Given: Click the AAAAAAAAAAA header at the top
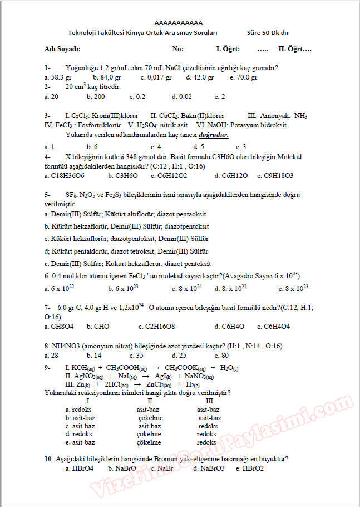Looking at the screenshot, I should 179,23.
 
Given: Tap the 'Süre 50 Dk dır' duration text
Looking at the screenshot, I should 271,33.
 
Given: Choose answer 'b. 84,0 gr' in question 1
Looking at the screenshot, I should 107,77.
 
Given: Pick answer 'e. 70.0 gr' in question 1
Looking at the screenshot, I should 243,77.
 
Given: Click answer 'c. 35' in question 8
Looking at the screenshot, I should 136,355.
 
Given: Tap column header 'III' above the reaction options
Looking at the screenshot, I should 209,401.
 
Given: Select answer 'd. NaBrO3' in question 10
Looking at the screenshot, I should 209,468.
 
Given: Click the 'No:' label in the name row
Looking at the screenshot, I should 178,49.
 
